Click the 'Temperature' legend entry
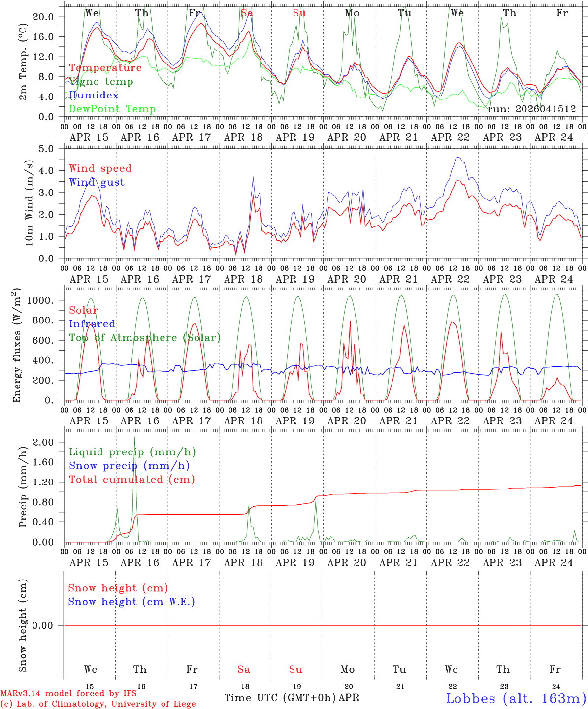coord(105,68)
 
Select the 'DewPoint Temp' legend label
coord(112,109)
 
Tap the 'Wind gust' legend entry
coord(97,182)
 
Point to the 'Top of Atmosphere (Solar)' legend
coord(145,338)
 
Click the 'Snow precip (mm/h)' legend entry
coord(129,466)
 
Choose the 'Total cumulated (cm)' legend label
coord(131,480)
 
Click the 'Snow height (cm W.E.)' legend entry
coord(131,602)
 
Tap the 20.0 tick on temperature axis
coord(43,17)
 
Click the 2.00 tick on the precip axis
coord(43,442)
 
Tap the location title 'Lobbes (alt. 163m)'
coord(516,698)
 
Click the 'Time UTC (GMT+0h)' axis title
coord(280,698)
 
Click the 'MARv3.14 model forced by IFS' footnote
coord(68,694)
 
